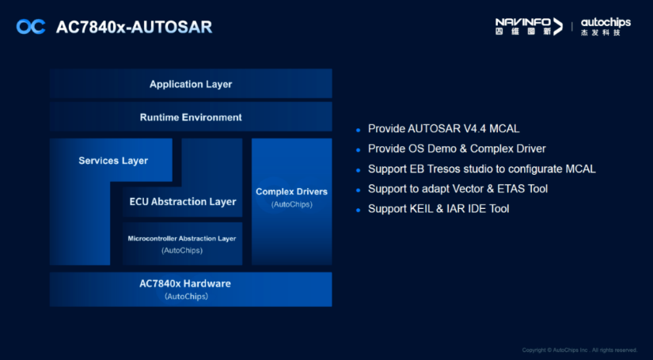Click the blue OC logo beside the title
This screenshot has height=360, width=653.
31,27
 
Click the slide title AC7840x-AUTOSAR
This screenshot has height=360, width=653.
134,27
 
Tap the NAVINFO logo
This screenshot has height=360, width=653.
529,26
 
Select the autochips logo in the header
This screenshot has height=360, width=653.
606,27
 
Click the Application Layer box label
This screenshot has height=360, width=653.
191,85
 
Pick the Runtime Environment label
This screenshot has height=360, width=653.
191,117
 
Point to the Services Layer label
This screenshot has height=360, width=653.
113,161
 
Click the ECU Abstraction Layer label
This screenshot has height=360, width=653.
183,202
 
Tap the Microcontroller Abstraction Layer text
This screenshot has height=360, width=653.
182,238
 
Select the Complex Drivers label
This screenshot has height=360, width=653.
291,191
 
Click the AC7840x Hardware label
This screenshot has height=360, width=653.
185,284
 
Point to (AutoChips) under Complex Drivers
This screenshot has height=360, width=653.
291,205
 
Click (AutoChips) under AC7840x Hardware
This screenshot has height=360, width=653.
186,297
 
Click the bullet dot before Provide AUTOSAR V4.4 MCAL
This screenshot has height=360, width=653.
358,130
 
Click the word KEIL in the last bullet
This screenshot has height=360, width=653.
421,209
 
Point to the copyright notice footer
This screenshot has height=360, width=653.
579,350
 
